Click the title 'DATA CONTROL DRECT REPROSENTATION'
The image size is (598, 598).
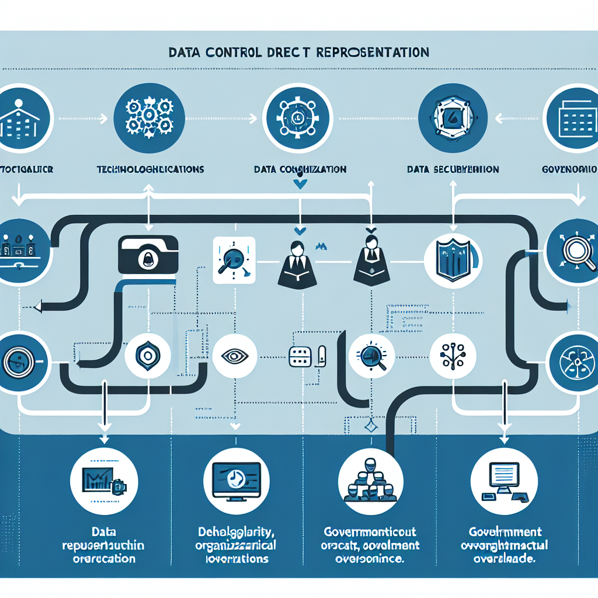click(298, 53)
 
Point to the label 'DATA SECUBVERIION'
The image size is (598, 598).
click(453, 169)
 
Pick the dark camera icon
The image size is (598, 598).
click(148, 254)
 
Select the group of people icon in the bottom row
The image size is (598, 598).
click(370, 480)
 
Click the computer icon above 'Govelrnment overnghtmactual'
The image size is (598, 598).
click(503, 480)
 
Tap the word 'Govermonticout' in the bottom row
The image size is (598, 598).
click(370, 532)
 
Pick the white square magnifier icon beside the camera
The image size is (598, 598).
click(234, 260)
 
